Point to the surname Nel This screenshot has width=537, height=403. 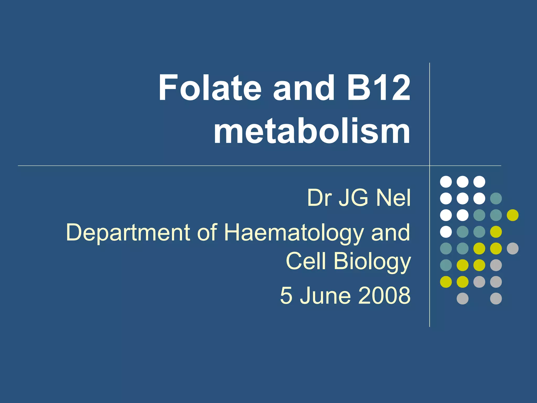(393, 198)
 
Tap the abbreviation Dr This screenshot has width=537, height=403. (319, 198)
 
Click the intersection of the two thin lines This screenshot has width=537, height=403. (429, 166)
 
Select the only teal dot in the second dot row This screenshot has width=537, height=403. (496, 198)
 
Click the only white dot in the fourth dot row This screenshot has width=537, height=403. (446, 232)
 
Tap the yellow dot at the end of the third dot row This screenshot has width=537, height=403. (513, 215)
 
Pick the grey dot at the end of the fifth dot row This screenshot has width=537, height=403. (513, 248)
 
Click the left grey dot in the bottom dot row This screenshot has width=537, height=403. (463, 299)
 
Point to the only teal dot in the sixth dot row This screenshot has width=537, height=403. (446, 265)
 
